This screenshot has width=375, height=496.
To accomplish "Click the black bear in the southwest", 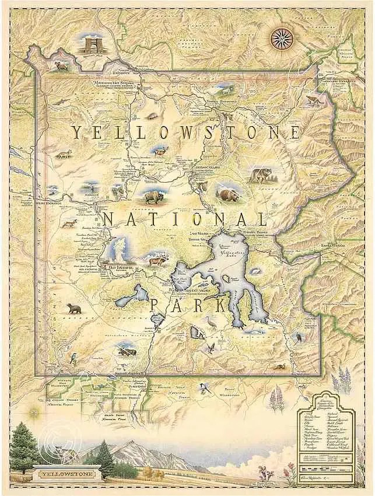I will [73, 308].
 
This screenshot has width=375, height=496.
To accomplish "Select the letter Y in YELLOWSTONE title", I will [76, 132].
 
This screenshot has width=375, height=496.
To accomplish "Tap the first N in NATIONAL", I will [108, 219].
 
